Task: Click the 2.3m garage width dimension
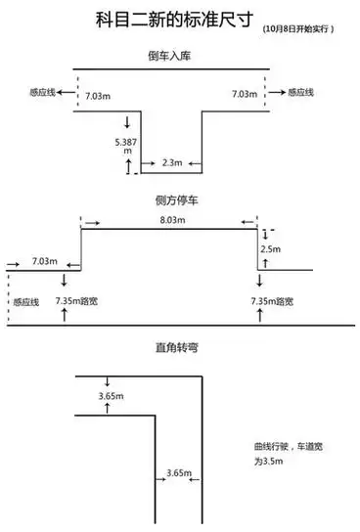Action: [x=171, y=162]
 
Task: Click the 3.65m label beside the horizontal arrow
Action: [x=178, y=473]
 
